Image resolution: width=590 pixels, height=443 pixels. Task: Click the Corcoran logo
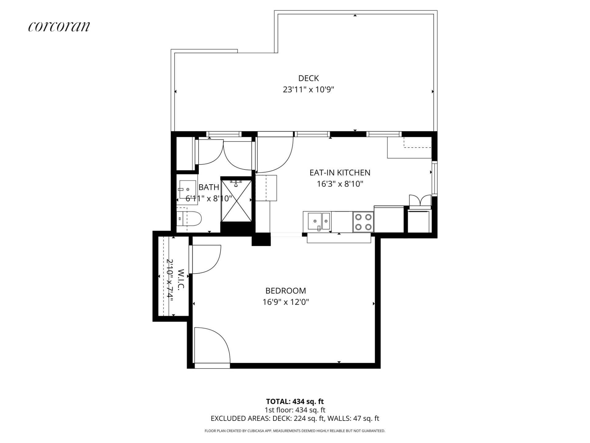click(x=59, y=26)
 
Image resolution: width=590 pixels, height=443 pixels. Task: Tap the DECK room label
click(x=309, y=78)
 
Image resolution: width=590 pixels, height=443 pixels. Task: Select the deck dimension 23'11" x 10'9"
click(x=309, y=90)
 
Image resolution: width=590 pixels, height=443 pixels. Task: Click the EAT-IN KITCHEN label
click(x=340, y=173)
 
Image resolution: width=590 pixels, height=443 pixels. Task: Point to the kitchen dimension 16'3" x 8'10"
click(x=340, y=184)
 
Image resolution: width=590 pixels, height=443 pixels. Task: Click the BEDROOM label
click(x=286, y=291)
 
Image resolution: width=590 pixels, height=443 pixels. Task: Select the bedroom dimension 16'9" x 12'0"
click(x=286, y=302)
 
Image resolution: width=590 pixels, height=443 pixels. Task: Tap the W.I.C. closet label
click(x=181, y=279)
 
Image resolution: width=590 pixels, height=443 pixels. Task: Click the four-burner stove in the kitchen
click(x=363, y=222)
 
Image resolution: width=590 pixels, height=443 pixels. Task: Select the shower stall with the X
click(x=236, y=201)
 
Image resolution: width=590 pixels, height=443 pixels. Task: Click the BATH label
click(x=209, y=187)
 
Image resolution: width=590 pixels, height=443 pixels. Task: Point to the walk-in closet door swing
click(x=205, y=259)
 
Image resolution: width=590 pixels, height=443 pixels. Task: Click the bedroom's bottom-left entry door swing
click(x=212, y=345)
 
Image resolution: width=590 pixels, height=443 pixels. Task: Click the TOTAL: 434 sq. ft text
click(x=295, y=401)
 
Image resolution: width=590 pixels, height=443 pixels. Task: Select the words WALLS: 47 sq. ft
click(x=353, y=418)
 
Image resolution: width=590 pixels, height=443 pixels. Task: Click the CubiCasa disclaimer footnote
click(x=295, y=431)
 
